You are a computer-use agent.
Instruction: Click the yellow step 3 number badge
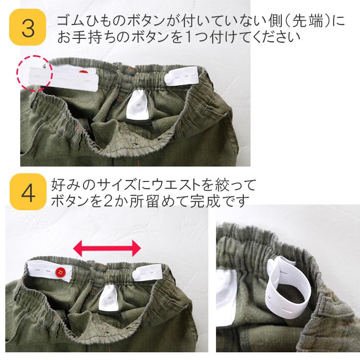(x=28, y=28)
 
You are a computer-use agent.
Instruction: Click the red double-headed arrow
(x=107, y=248)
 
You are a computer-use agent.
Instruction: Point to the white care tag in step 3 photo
(x=138, y=106)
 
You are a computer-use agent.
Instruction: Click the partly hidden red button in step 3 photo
(x=84, y=72)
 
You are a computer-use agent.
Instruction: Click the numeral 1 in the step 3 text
(x=176, y=37)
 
